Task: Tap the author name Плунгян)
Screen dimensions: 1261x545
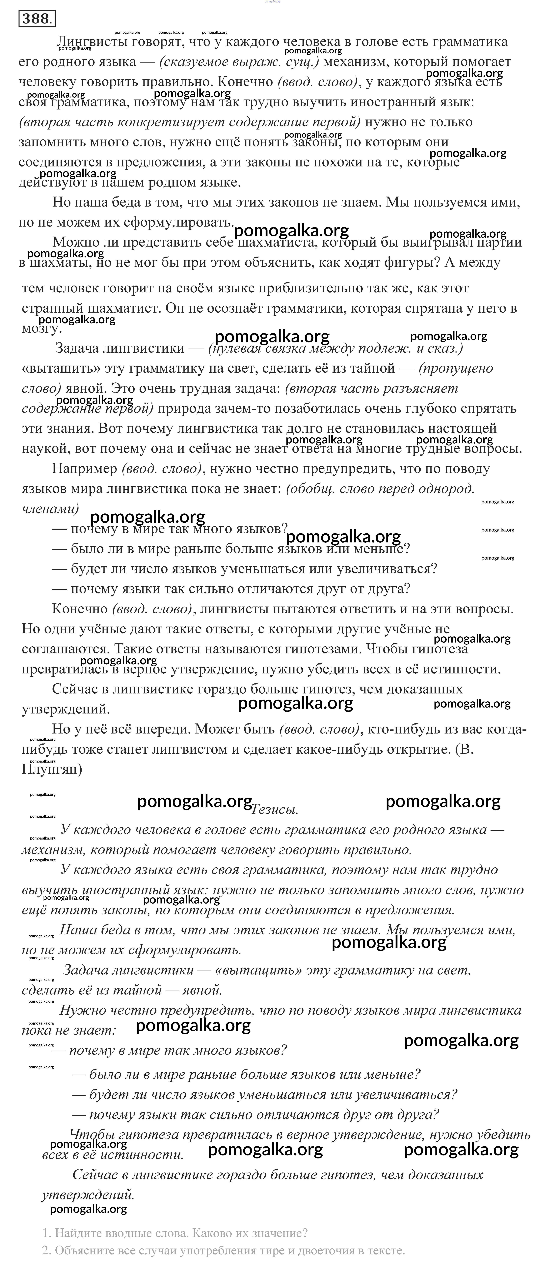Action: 52,769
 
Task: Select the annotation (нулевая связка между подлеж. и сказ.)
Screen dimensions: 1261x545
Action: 335,348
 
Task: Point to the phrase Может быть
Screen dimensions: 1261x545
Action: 235,729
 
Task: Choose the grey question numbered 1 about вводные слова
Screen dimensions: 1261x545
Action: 175,1233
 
